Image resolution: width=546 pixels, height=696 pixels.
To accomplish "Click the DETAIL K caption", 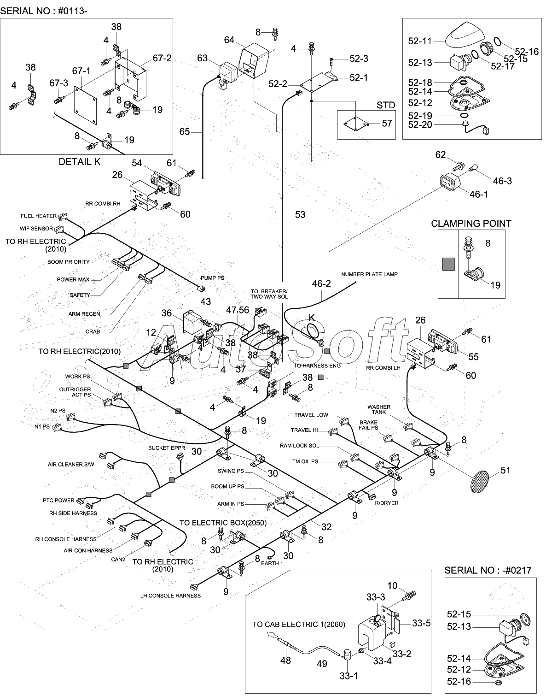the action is pyautogui.click(x=79, y=162).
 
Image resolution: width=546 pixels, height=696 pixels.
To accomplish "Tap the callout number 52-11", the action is pyautogui.click(x=420, y=41).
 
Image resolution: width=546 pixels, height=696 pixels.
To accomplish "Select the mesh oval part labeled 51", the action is pyautogui.click(x=481, y=482).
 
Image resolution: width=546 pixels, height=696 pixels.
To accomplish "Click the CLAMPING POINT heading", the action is pyautogui.click(x=471, y=223).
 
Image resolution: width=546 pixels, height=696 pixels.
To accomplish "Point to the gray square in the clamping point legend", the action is pyautogui.click(x=448, y=264).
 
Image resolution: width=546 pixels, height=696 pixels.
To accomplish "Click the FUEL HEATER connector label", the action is pyautogui.click(x=38, y=216).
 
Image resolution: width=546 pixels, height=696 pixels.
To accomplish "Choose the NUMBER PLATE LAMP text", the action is pyautogui.click(x=369, y=274).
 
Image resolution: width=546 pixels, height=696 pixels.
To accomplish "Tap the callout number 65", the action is pyautogui.click(x=185, y=132).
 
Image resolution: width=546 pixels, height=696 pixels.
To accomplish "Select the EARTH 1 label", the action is pyautogui.click(x=272, y=563).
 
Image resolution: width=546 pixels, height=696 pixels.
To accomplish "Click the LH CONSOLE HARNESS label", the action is pyautogui.click(x=170, y=596).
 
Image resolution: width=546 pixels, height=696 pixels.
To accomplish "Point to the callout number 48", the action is pyautogui.click(x=285, y=660).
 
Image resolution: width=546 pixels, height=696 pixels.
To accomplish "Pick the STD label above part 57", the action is pyautogui.click(x=386, y=105).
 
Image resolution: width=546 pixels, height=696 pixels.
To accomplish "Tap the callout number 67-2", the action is pyautogui.click(x=162, y=58).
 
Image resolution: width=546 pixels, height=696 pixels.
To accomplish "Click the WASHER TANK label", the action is pyautogui.click(x=379, y=409).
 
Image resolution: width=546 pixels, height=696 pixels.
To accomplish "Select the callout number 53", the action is pyautogui.click(x=300, y=214).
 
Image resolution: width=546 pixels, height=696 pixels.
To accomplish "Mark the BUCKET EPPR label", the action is pyautogui.click(x=167, y=448).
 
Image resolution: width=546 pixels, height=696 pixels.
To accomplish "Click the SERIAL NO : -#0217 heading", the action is pyautogui.click(x=488, y=570).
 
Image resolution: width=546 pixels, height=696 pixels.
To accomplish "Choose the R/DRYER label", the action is pyautogui.click(x=387, y=503).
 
